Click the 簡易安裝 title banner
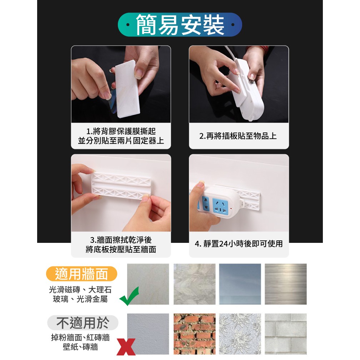coord(180,25)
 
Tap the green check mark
coord(129,296)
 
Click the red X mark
coord(126,347)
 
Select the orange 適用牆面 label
coord(82,274)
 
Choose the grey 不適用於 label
coord(83,323)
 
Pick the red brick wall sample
coord(194,334)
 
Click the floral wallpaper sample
coord(240,334)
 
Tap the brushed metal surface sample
coord(286,284)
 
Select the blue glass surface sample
coord(240,284)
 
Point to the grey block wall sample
coord(286,334)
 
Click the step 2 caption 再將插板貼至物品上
coord(238,136)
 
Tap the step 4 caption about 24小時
coord(239,244)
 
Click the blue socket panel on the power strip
coord(220,206)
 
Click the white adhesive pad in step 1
coord(127,89)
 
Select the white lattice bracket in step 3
coord(121,186)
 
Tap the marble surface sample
coord(194,284)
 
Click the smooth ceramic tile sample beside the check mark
coord(148,284)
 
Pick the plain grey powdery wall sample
coord(148,334)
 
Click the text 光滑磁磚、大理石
coord(80,290)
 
